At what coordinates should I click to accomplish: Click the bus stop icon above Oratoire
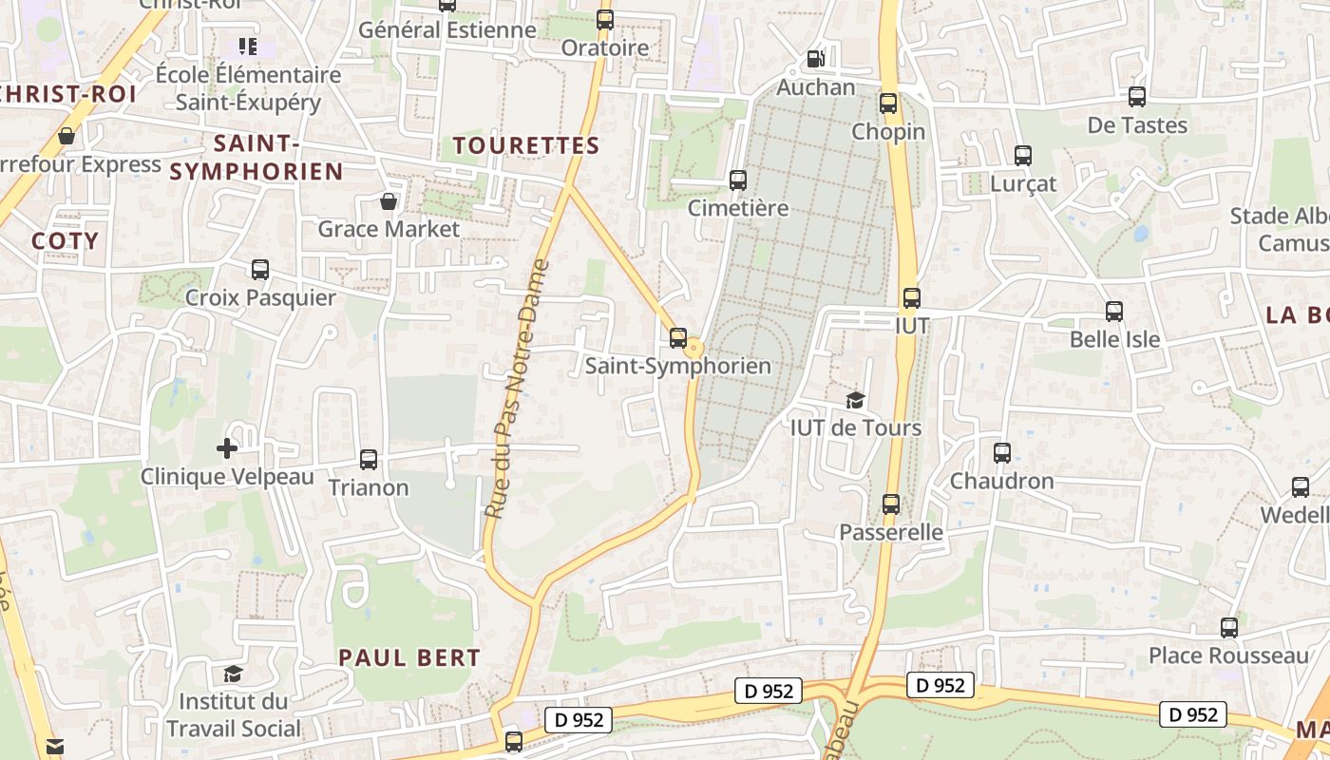pyautogui.click(x=605, y=19)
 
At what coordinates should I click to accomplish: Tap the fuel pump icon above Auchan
pyautogui.click(x=815, y=59)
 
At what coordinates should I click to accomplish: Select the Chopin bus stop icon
pyautogui.click(x=888, y=104)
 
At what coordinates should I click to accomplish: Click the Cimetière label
pyautogui.click(x=738, y=208)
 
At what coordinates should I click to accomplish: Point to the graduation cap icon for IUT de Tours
pyautogui.click(x=856, y=400)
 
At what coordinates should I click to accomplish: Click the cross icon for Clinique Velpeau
pyautogui.click(x=227, y=447)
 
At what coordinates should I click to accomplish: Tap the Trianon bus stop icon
pyautogui.click(x=369, y=460)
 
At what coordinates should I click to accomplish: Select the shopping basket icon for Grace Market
pyautogui.click(x=389, y=201)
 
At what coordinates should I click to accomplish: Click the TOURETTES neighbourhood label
pyautogui.click(x=526, y=145)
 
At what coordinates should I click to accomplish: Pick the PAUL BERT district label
pyautogui.click(x=409, y=656)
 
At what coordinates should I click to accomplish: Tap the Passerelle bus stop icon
pyautogui.click(x=891, y=504)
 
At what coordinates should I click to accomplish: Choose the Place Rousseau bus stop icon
pyautogui.click(x=1229, y=628)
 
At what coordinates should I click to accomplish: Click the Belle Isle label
pyautogui.click(x=1115, y=339)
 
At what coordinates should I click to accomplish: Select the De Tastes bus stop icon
pyautogui.click(x=1137, y=97)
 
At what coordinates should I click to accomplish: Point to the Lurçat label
pyautogui.click(x=1023, y=183)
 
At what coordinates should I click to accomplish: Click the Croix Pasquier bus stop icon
pyautogui.click(x=260, y=270)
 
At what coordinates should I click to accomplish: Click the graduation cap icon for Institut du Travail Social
pyautogui.click(x=233, y=674)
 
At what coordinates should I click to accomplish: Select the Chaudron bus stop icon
pyautogui.click(x=1002, y=453)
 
